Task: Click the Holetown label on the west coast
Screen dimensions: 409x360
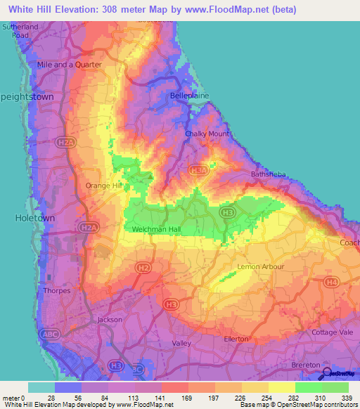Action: pos(34,219)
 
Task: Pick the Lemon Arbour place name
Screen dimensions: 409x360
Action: pos(261,267)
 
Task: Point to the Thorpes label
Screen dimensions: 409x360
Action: pos(56,290)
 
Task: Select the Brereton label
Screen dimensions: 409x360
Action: pos(305,366)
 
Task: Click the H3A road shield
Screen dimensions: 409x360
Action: pos(199,170)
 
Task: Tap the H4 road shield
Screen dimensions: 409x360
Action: pos(331,283)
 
